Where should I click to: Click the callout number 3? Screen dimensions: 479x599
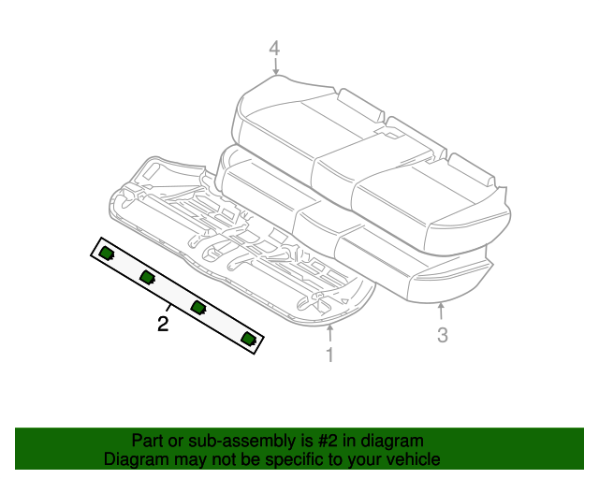(x=443, y=335)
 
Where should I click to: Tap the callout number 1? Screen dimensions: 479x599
(x=329, y=355)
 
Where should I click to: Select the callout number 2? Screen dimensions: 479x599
(x=163, y=324)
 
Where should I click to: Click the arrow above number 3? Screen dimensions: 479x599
(x=441, y=312)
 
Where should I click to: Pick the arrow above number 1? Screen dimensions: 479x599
(x=329, y=331)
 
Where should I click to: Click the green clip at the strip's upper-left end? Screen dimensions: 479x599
(x=107, y=252)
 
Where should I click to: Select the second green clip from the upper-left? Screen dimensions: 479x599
(x=147, y=277)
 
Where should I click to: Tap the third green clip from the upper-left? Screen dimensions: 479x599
(x=198, y=307)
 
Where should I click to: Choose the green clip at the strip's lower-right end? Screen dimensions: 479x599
(x=248, y=338)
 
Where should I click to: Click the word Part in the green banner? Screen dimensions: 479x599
(x=148, y=441)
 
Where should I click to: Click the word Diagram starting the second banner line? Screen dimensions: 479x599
(x=132, y=459)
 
